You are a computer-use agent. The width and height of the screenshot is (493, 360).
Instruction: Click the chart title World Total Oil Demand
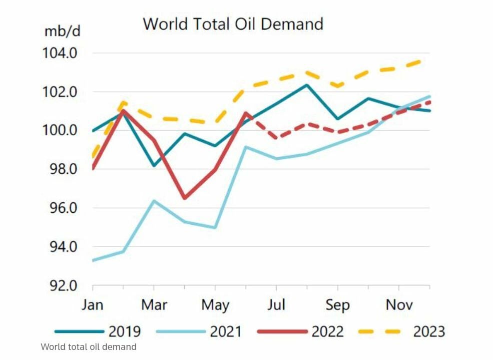click(x=233, y=24)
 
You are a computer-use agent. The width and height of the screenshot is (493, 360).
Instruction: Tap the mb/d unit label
click(x=62, y=31)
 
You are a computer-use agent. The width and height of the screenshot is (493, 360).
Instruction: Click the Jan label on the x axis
click(x=93, y=305)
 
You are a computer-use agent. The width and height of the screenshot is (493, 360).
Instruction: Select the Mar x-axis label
click(x=154, y=305)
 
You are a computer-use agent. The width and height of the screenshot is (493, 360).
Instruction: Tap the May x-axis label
click(x=215, y=305)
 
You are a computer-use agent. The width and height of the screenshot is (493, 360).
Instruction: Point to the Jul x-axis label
click(x=276, y=305)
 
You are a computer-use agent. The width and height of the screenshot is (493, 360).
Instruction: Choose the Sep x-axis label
click(x=337, y=305)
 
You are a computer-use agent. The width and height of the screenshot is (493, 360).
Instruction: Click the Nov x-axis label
click(x=399, y=305)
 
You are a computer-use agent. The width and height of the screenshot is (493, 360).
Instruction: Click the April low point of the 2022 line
click(x=184, y=198)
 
